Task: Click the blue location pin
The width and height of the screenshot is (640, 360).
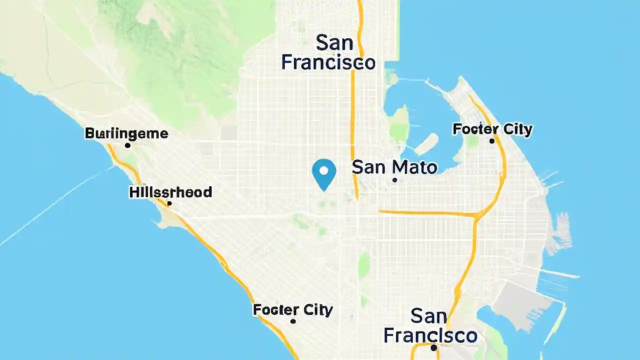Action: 324,174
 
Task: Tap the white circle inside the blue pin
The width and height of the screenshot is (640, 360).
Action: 324,170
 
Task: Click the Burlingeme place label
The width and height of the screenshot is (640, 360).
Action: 126,133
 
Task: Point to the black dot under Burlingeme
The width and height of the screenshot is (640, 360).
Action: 127,145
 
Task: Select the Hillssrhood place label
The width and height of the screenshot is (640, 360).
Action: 170,192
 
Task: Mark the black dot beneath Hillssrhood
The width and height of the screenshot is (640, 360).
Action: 169,203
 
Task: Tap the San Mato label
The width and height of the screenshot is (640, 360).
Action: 394,167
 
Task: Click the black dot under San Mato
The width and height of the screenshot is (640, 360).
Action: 394,180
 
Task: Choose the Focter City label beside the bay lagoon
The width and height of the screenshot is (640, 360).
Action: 492,129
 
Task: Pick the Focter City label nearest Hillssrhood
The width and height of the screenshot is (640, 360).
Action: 292,310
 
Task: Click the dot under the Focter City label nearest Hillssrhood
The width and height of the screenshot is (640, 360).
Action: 293,321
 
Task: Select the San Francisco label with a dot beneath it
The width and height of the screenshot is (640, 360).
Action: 430,325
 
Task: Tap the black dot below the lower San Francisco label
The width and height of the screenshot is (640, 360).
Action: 433,347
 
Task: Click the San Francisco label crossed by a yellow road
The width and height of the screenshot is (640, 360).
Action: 328,52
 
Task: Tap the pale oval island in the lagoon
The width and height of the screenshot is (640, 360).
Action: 426,144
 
